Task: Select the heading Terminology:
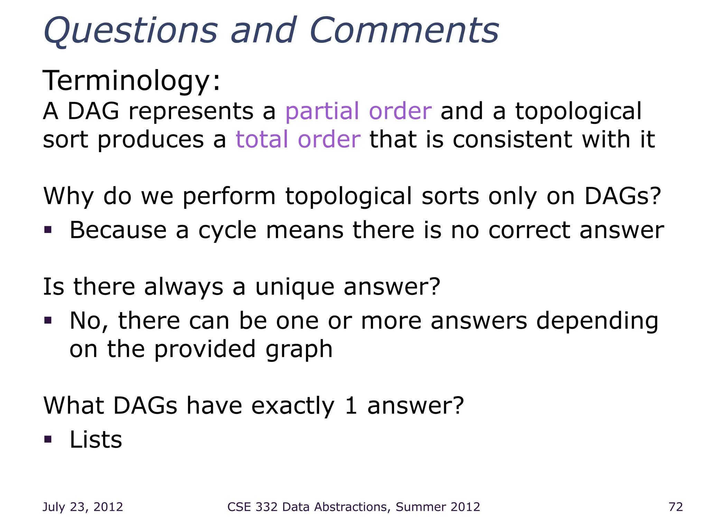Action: [131, 81]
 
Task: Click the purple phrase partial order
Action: [358, 111]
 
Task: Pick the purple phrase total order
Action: [298, 140]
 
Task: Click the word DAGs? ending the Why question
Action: [623, 196]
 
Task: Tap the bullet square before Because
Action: [48, 230]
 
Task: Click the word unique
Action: [295, 287]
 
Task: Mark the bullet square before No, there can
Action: [48, 320]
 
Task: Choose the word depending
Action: [597, 322]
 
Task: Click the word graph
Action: [299, 350]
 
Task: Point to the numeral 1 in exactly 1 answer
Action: [351, 406]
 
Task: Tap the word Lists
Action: [96, 440]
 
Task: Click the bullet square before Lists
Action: [48, 439]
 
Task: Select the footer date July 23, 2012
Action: [83, 507]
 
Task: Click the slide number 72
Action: [676, 507]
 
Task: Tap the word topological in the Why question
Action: [349, 196]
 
